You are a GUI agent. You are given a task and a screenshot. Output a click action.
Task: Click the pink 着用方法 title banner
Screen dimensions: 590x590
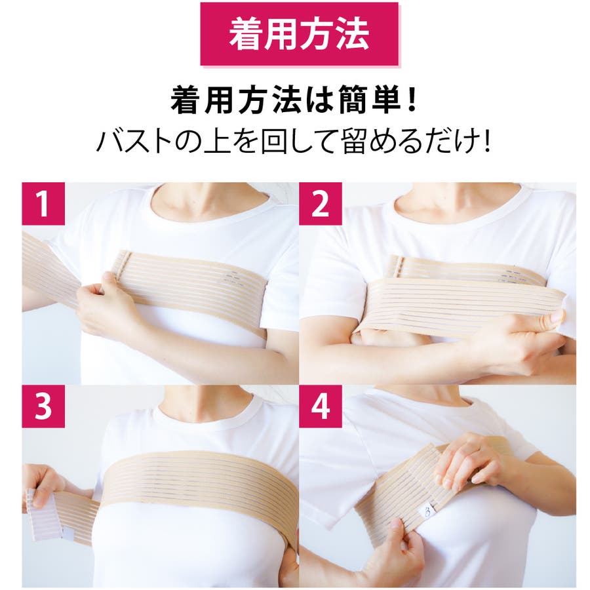click(299, 34)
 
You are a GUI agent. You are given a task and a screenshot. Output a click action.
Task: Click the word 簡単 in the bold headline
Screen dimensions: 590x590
click(370, 100)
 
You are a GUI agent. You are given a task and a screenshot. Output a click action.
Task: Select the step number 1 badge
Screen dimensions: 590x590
click(43, 204)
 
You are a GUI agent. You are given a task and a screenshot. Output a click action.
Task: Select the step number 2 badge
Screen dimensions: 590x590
click(320, 204)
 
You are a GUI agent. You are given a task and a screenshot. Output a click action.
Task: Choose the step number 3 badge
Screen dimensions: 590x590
click(43, 406)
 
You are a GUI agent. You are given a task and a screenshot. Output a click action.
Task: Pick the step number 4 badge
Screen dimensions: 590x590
click(320, 406)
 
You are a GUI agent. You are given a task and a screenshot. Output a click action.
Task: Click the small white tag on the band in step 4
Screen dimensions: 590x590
click(427, 512)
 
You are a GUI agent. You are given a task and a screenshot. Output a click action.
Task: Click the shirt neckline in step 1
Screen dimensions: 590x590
click(210, 210)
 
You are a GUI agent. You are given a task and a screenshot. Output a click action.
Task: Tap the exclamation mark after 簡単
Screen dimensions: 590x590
click(412, 100)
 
